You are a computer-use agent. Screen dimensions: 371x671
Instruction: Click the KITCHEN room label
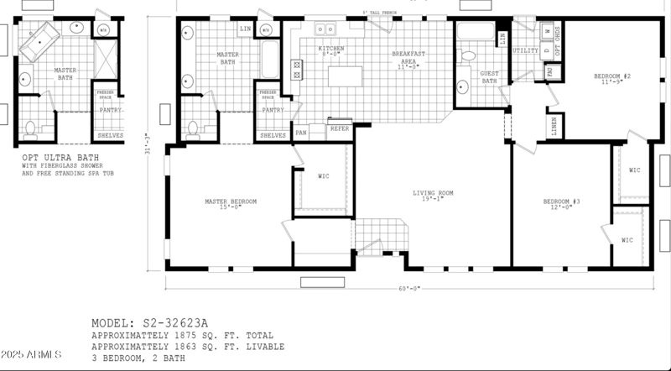330,49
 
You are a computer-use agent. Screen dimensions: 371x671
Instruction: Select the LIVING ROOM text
433,194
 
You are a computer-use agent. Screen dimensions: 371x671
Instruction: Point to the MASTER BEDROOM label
231,201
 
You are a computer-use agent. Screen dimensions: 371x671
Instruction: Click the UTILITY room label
525,50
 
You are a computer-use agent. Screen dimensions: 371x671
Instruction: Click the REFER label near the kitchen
339,129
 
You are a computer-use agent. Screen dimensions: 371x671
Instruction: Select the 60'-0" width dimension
408,288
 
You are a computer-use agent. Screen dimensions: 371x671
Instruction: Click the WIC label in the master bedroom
324,177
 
